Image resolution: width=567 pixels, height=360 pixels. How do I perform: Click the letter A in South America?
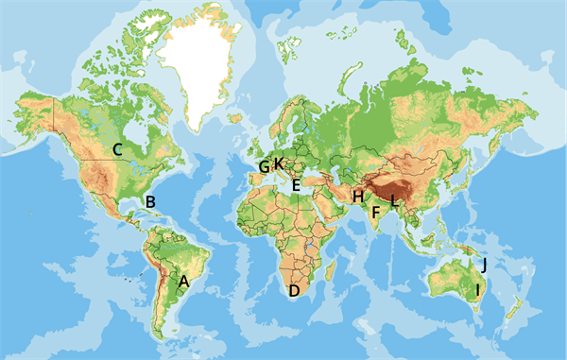click(x=184, y=281)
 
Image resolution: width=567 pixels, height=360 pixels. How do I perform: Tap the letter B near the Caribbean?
click(x=148, y=201)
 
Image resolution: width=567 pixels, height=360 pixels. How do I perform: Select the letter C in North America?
click(x=118, y=148)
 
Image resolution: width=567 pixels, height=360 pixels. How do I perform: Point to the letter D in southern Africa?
click(x=294, y=290)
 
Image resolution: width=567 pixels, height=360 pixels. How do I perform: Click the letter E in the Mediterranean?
click(x=296, y=186)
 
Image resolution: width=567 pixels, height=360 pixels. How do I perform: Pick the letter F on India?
click(x=375, y=214)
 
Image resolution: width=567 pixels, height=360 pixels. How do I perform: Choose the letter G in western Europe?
click(x=263, y=168)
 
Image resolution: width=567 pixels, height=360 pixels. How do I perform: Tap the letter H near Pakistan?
click(x=358, y=197)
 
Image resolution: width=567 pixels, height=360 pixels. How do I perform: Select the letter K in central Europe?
click(x=279, y=163)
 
